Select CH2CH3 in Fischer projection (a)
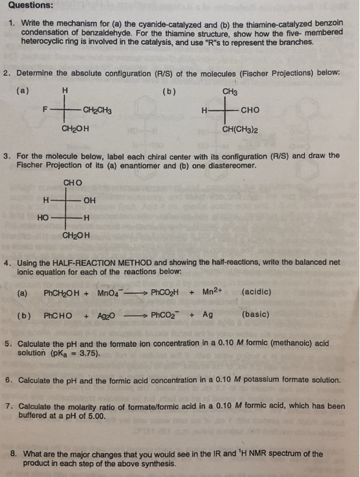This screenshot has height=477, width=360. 98,109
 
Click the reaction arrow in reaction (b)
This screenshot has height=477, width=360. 134,316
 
